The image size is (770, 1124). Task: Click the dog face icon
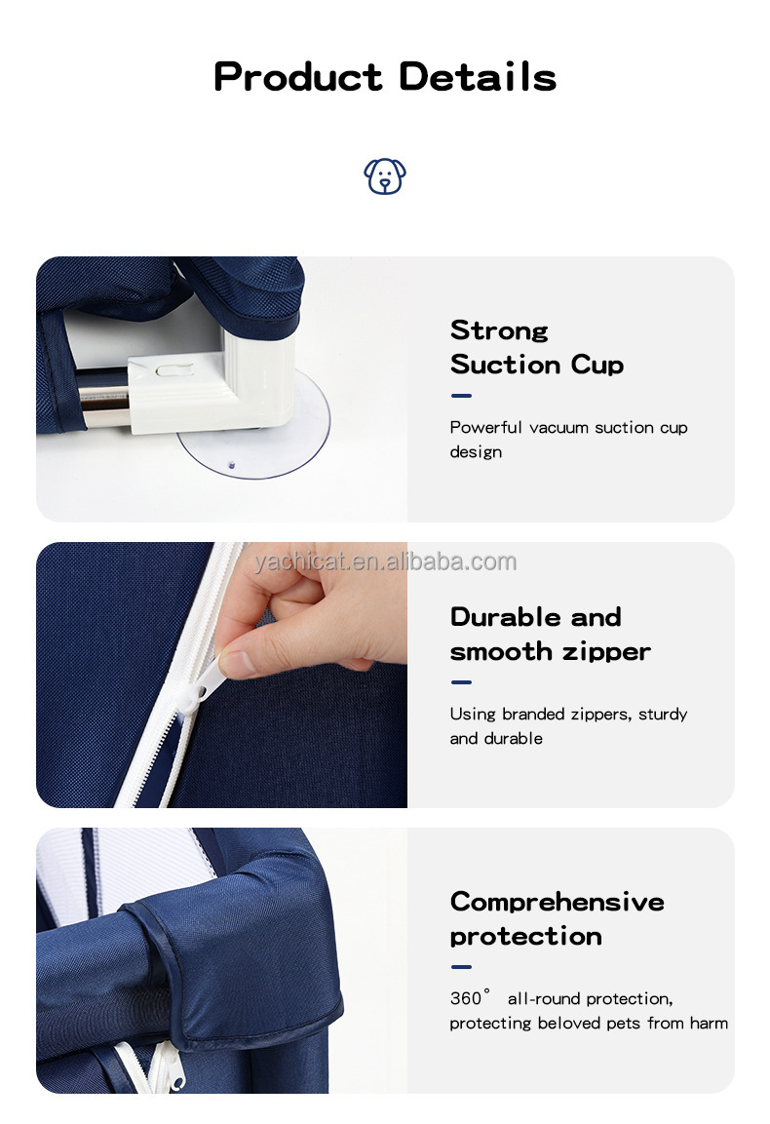385,176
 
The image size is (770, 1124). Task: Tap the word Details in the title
478,76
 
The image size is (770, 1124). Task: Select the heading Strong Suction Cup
536,347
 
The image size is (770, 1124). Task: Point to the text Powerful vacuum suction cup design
568,439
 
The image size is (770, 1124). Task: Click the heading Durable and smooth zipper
550,634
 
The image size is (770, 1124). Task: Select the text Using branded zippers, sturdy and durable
568,725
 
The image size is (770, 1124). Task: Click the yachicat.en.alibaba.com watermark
385,562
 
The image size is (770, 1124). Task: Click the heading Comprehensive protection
557,918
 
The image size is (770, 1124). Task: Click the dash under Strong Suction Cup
461,396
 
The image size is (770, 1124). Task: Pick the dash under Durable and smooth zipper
461,682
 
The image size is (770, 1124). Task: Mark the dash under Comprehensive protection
461,967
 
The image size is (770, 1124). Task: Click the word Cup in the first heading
597,365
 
